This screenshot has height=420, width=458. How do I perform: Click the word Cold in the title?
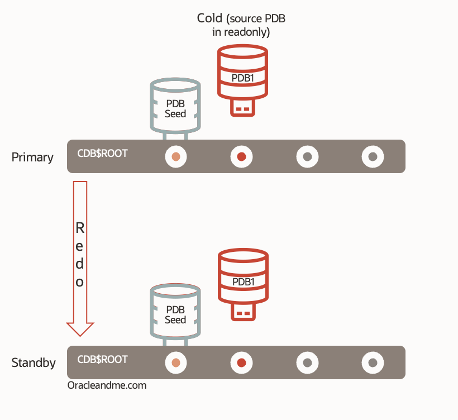209,18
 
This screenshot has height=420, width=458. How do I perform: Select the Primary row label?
32,157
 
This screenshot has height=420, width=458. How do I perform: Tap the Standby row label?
34,363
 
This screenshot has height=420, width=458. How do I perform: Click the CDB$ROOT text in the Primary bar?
102,153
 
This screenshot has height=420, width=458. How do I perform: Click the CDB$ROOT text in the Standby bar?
102,359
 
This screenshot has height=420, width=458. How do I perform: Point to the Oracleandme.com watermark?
107,385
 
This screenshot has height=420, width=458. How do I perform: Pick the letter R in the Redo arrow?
80,228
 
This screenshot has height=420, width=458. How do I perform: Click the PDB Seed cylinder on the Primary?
175,106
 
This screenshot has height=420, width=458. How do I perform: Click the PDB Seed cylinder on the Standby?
175,313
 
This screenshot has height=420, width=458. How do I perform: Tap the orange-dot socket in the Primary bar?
176,157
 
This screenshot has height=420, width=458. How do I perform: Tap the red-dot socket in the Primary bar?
241,157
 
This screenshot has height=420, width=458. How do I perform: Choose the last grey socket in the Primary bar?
373,157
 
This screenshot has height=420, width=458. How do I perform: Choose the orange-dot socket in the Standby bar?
176,363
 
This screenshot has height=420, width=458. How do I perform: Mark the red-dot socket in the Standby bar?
241,363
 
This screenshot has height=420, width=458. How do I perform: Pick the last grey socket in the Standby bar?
373,363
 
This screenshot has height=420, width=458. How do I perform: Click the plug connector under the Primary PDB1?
242,107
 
